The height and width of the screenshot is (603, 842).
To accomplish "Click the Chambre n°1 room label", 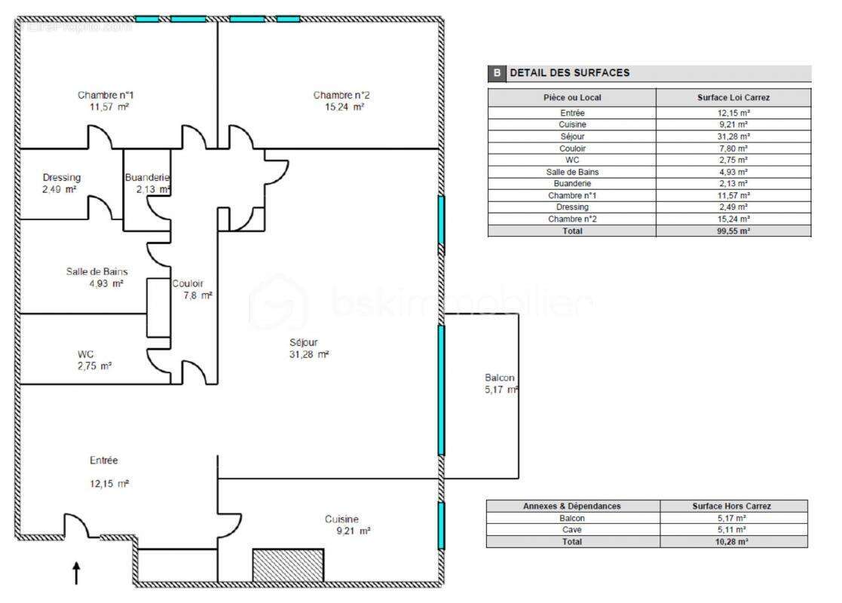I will [x=106, y=95].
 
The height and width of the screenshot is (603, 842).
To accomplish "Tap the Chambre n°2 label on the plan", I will [x=341, y=95].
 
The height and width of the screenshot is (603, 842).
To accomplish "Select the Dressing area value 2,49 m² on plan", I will [x=60, y=189].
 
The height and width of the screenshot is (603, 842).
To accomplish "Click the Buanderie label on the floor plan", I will [x=147, y=178].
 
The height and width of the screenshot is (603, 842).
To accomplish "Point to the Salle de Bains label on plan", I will [x=96, y=271].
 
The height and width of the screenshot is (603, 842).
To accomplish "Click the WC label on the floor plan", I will [x=85, y=354].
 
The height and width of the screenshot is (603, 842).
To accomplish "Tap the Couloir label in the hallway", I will [x=187, y=284].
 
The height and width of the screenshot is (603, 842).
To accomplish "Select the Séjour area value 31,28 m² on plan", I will [x=308, y=354].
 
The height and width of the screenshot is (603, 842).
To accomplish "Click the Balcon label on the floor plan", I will [x=500, y=378].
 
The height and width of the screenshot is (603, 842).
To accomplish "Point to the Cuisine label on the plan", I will [x=341, y=519].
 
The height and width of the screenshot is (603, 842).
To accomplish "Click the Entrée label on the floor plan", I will [x=103, y=460].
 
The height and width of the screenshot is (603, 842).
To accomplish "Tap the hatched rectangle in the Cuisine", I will [x=287, y=565].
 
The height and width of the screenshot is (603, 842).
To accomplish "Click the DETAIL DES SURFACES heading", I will [x=570, y=73].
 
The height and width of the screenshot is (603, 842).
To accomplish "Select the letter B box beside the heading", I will [x=497, y=73].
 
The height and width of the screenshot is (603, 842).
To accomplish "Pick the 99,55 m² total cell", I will [x=733, y=231].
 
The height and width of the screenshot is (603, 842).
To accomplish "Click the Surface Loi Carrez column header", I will [x=733, y=97].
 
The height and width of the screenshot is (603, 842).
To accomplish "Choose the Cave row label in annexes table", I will [x=572, y=529].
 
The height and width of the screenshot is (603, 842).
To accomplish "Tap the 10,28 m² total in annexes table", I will [x=733, y=541].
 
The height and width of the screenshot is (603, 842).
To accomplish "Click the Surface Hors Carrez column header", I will [x=733, y=506].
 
